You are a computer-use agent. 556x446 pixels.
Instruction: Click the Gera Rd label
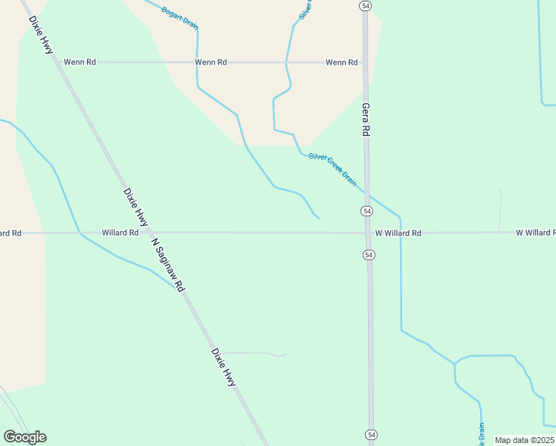tap(366, 119)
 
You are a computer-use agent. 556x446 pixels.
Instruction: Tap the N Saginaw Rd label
tap(167, 265)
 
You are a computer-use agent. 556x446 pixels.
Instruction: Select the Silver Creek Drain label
tap(332, 169)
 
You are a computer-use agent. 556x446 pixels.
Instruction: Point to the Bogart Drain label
tap(180, 17)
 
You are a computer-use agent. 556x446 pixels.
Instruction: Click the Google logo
tap(25, 437)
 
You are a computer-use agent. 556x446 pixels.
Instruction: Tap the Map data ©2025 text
tap(524, 440)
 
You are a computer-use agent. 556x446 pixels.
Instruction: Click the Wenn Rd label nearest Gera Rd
tap(341, 62)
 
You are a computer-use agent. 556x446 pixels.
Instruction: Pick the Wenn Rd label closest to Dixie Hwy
tap(80, 62)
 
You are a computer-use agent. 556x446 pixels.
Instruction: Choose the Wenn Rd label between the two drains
tap(210, 62)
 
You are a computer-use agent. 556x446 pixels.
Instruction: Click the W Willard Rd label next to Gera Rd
tap(398, 233)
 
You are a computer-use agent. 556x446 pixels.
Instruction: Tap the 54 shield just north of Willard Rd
tap(367, 212)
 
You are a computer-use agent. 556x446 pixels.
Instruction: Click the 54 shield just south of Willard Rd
tap(369, 255)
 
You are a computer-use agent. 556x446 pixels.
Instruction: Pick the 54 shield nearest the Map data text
tap(370, 433)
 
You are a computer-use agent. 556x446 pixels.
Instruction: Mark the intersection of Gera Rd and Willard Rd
tap(368, 233)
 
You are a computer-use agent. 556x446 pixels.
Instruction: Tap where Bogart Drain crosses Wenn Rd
tap(197, 62)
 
